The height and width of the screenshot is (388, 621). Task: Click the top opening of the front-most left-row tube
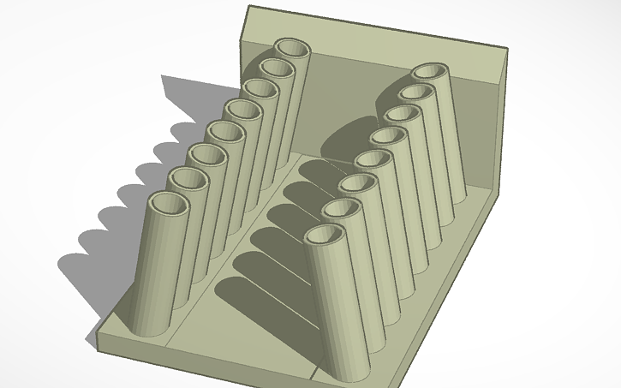coord(170,206)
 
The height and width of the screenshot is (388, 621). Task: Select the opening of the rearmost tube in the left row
coord(292,48)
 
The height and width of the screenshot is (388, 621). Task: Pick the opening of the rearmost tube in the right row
coord(429,73)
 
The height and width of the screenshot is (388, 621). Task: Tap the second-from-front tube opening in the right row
coord(341,209)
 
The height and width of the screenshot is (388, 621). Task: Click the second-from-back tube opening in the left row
coord(276,68)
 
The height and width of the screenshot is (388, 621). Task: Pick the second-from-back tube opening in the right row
coord(415,93)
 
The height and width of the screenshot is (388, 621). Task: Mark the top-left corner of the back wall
coord(248,8)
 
